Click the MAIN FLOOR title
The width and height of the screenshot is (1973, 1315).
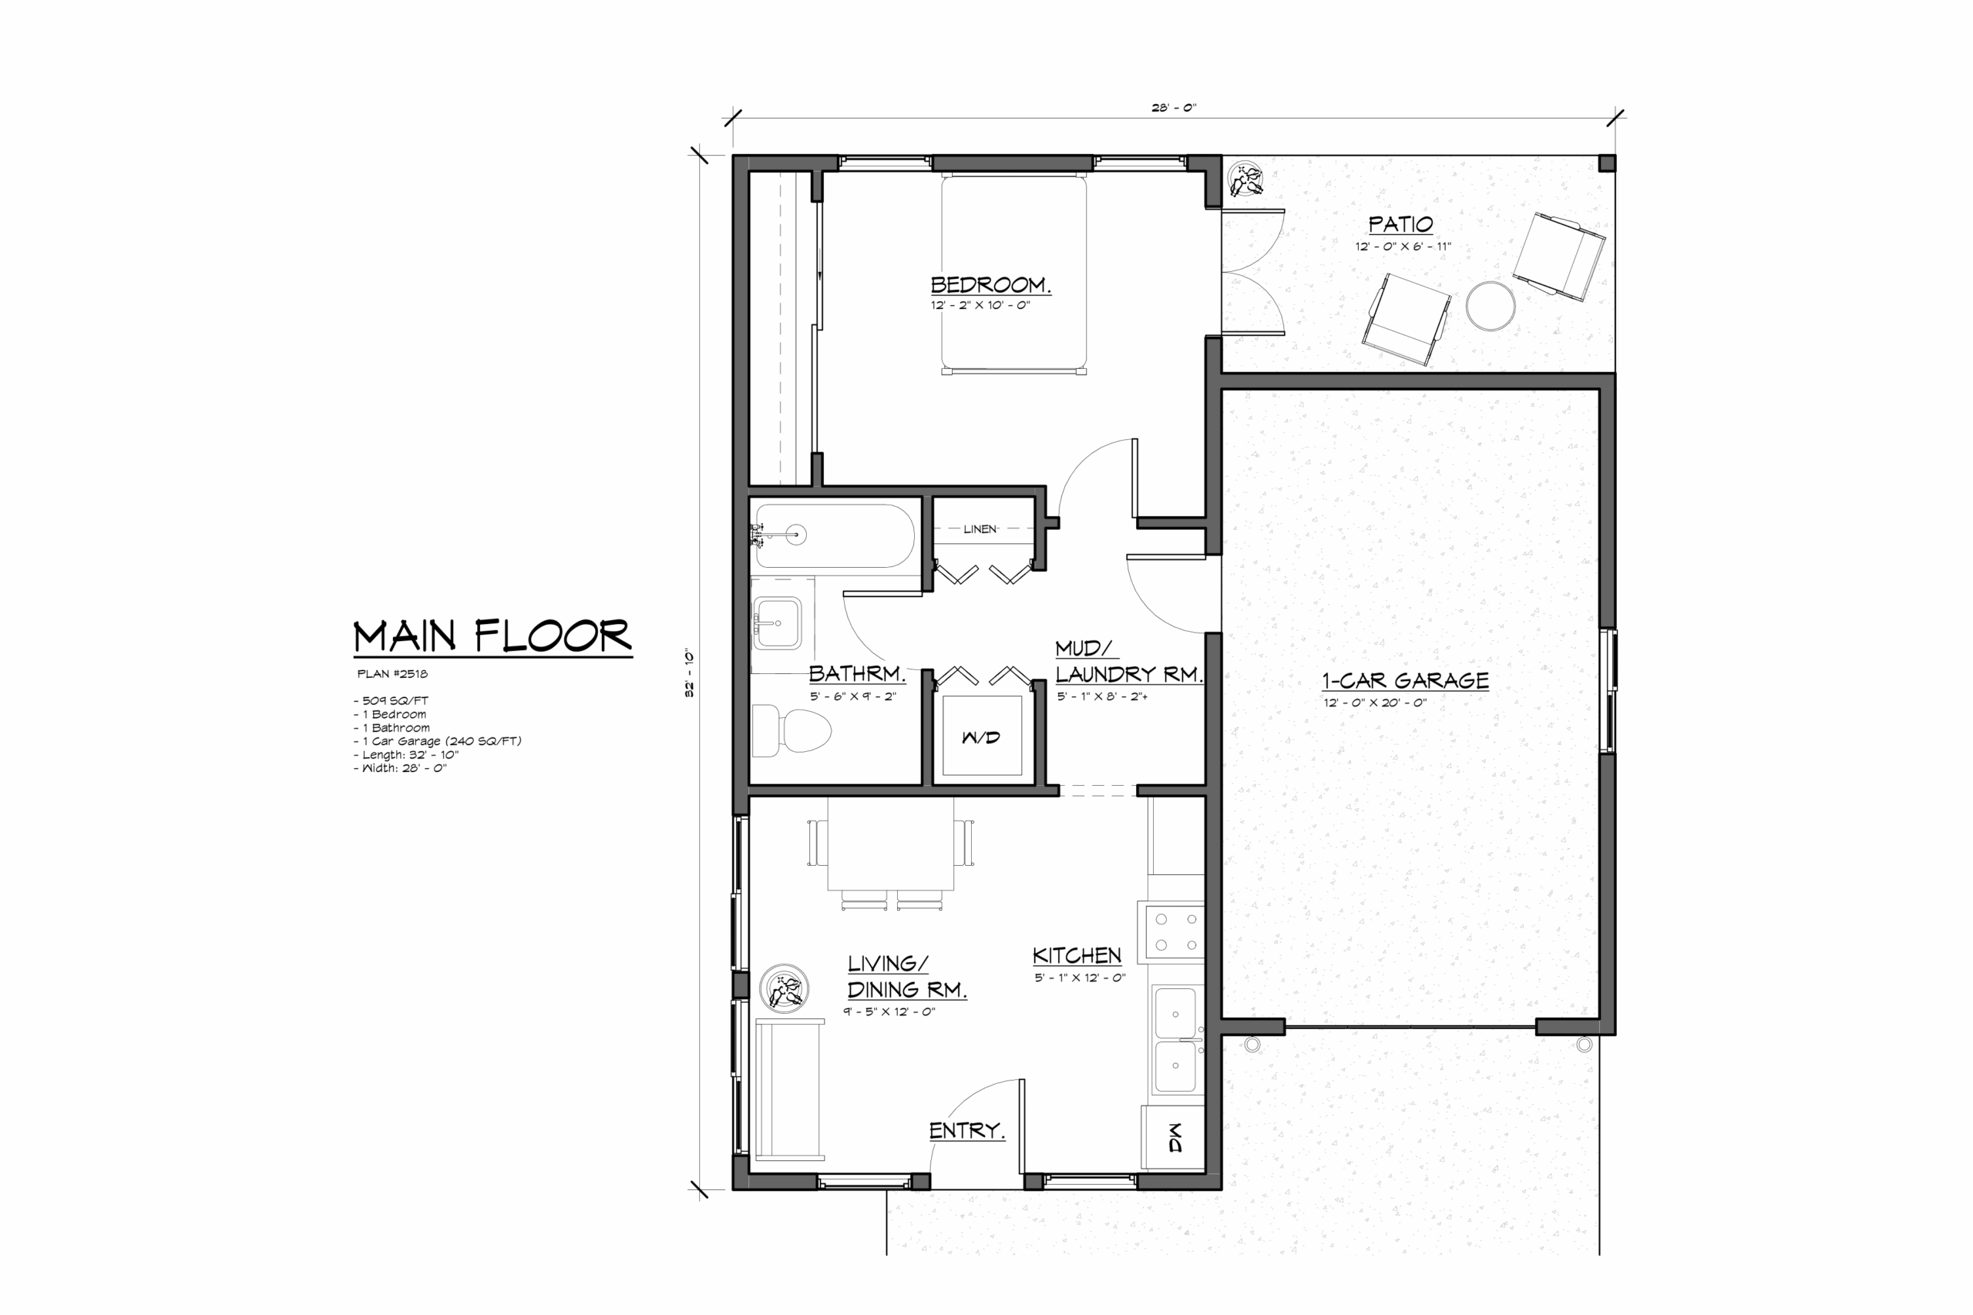[x=492, y=636]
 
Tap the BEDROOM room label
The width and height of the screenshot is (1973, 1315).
[x=990, y=285]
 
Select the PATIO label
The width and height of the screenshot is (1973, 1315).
[x=1401, y=224]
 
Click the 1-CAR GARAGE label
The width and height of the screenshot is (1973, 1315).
[x=1406, y=680]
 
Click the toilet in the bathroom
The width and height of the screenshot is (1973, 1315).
[x=790, y=731]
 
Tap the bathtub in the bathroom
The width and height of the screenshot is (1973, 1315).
[x=835, y=536]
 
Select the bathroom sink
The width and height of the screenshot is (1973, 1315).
[x=777, y=623]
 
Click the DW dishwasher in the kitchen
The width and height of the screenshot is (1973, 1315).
[x=1174, y=1137]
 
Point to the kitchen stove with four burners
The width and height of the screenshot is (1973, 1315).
[x=1172, y=931]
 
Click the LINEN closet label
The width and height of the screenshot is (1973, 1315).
[x=980, y=529]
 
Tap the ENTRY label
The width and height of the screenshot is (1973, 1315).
[x=966, y=1130]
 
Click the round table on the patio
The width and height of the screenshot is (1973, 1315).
[x=1491, y=306]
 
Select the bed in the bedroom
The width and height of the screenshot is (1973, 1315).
[x=1013, y=273]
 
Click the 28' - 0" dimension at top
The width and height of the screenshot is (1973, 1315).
[x=1174, y=107]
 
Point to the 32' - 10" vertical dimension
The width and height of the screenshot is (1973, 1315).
[x=690, y=673]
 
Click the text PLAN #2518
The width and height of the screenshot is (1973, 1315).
[x=392, y=673]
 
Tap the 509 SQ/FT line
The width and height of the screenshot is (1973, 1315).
[x=391, y=700]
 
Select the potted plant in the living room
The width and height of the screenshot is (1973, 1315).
[x=785, y=988]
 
